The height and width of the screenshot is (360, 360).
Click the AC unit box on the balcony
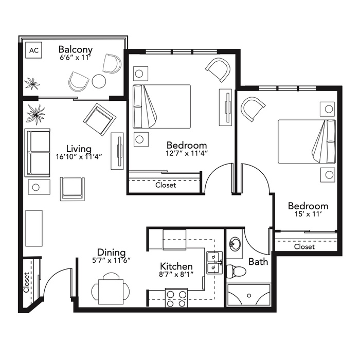pos(34,50)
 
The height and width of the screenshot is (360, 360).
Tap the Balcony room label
pos(75,49)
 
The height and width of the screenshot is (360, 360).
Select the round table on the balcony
pos(99,81)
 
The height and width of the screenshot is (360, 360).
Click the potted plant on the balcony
pos(32,83)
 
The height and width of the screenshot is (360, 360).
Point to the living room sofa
pos(38,153)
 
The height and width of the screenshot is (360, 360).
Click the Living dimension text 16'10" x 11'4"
pos(79,157)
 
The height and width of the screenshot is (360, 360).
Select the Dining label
pos(112,253)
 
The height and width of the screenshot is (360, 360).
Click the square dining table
pos(111,292)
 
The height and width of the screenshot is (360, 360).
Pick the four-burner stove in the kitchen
pos(176,298)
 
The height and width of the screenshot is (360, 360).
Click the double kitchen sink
pos(214,263)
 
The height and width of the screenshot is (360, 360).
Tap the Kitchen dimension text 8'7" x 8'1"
pos(176,274)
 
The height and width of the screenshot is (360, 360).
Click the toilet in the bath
pos(236,271)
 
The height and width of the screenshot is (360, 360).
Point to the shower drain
pos(249,296)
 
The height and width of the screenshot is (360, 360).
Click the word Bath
pos(258,261)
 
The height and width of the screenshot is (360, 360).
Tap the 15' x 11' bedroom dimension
pos(308,214)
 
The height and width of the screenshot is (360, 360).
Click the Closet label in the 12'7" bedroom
pos(166,185)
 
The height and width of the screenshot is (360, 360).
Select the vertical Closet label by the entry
pos(26,283)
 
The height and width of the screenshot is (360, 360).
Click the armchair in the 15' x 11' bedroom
pos(252,109)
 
